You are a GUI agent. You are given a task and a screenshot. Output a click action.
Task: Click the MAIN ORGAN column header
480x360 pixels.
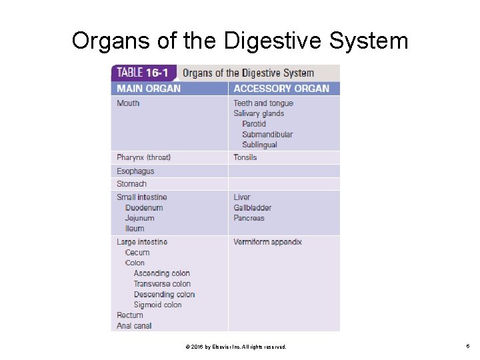tap(149, 89)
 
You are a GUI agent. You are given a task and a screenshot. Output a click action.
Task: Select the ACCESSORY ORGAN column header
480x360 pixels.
tap(281, 89)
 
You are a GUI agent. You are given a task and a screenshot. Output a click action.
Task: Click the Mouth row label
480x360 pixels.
tap(128, 103)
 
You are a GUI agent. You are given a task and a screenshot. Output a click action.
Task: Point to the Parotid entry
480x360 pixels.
tap(254, 124)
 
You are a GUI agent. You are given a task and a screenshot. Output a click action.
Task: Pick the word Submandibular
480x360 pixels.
tap(267, 134)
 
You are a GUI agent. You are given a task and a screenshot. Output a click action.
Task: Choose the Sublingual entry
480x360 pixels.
tap(259, 145)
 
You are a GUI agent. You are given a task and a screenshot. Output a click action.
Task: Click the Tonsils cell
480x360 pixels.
tap(245, 157)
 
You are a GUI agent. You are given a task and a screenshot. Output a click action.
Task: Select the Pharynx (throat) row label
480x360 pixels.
tap(143, 157)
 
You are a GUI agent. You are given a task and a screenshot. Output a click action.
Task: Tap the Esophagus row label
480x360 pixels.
tap(135, 171)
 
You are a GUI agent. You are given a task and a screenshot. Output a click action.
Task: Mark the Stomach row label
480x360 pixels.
tap(131, 184)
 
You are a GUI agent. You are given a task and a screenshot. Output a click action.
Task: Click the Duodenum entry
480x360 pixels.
tap(144, 208)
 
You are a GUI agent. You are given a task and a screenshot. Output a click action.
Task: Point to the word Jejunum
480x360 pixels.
tap(139, 218)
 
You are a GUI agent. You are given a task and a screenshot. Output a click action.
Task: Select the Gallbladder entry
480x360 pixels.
tap(252, 208)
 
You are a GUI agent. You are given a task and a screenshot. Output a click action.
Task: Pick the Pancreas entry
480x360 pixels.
tap(249, 218)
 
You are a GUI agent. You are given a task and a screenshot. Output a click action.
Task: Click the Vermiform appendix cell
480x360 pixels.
tap(267, 242)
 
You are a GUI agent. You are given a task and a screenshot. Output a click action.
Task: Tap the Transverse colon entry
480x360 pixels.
tap(162, 284)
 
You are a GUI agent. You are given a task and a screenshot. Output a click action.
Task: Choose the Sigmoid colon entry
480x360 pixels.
tap(157, 305)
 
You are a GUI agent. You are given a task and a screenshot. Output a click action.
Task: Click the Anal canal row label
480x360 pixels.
tap(134, 326)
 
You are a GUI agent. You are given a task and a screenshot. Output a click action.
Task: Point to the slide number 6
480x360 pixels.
tap(469, 347)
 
